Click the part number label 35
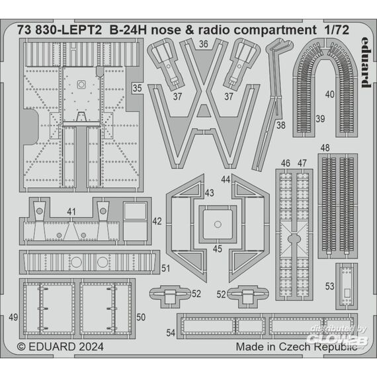click(x=137, y=88)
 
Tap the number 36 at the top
click(x=204, y=44)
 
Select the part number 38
click(x=281, y=125)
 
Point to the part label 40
click(x=329, y=94)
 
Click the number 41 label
click(x=71, y=212)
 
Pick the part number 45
click(x=218, y=249)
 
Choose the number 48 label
click(x=325, y=147)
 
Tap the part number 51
click(x=165, y=269)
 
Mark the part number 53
click(x=329, y=286)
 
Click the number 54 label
click(x=171, y=333)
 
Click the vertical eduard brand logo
click(x=366, y=62)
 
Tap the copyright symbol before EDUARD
click(x=22, y=347)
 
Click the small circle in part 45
click(x=218, y=224)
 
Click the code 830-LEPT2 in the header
click(x=69, y=30)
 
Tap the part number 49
click(x=13, y=317)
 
